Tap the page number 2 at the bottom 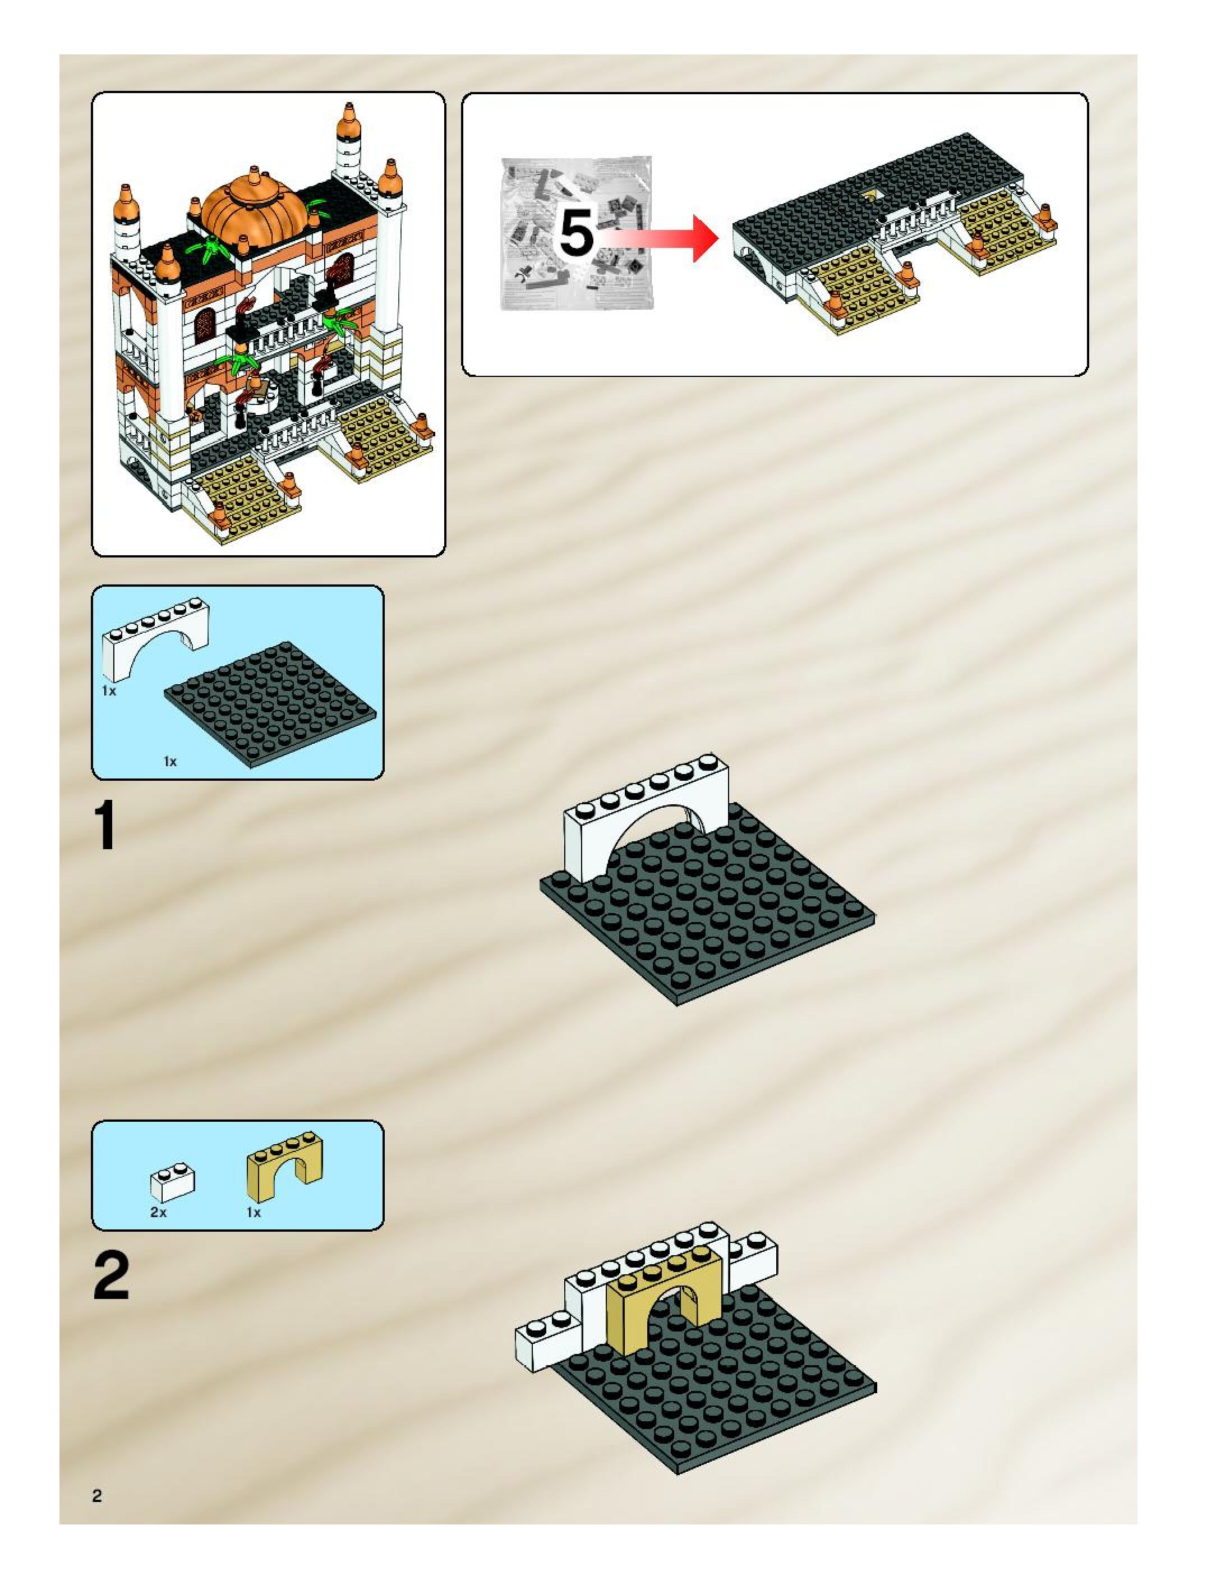pyautogui.click(x=97, y=1496)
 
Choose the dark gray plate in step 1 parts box pyautogui.click(x=270, y=703)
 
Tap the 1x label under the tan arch pyautogui.click(x=254, y=1213)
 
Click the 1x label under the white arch pyautogui.click(x=109, y=691)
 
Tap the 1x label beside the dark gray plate pyautogui.click(x=170, y=761)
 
